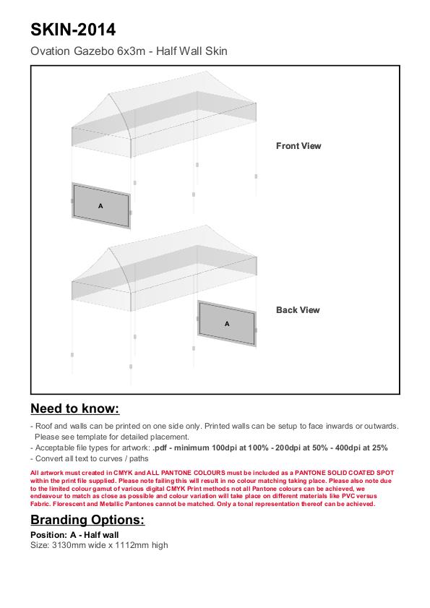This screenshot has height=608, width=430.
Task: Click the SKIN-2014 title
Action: click(73, 30)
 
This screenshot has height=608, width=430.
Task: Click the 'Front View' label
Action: click(298, 146)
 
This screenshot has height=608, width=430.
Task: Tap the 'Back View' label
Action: click(298, 310)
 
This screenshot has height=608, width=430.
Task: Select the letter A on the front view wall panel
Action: click(100, 206)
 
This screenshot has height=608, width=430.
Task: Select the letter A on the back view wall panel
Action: click(227, 324)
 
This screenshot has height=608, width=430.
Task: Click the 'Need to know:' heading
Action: click(75, 408)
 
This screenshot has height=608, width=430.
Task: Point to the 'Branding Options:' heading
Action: click(87, 520)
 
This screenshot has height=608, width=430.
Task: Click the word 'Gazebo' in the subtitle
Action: click(94, 51)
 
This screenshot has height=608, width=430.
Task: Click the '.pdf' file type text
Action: click(160, 448)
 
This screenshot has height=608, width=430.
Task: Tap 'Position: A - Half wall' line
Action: click(74, 535)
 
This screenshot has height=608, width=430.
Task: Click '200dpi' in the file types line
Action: click(288, 448)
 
